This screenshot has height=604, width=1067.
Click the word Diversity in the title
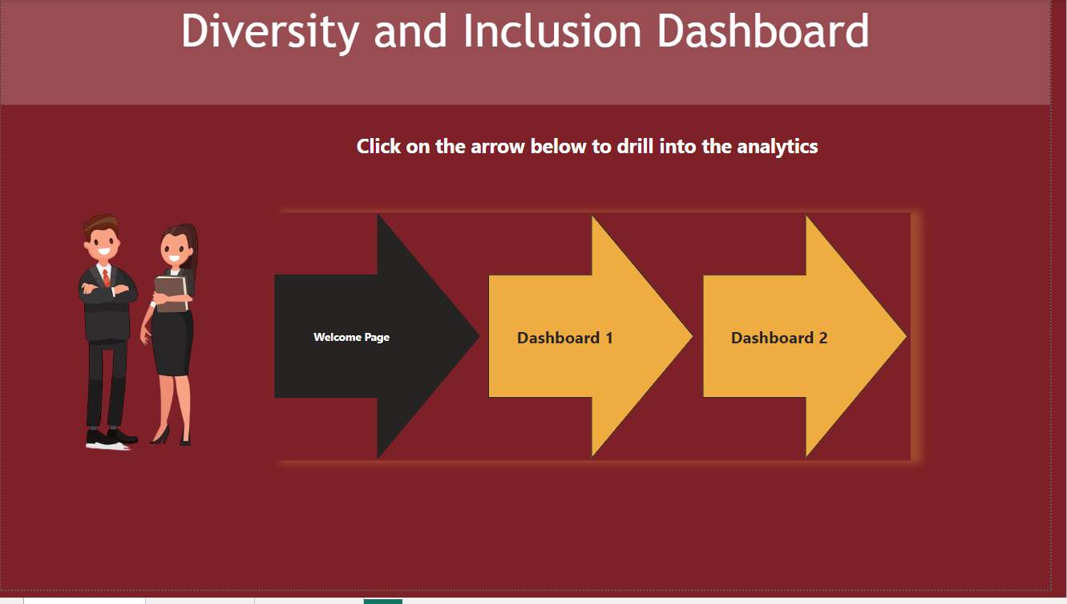[x=269, y=32]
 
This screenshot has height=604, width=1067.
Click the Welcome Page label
[x=351, y=337]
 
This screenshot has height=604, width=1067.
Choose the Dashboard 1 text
[x=564, y=338]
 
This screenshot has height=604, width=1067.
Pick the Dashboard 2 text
[x=778, y=338]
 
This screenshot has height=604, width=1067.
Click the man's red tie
[x=107, y=278]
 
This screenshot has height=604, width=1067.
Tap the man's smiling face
[x=103, y=241]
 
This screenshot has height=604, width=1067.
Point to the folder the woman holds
[x=171, y=293]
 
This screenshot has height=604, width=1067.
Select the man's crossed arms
[x=103, y=290]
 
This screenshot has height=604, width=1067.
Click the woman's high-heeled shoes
[x=172, y=437]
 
